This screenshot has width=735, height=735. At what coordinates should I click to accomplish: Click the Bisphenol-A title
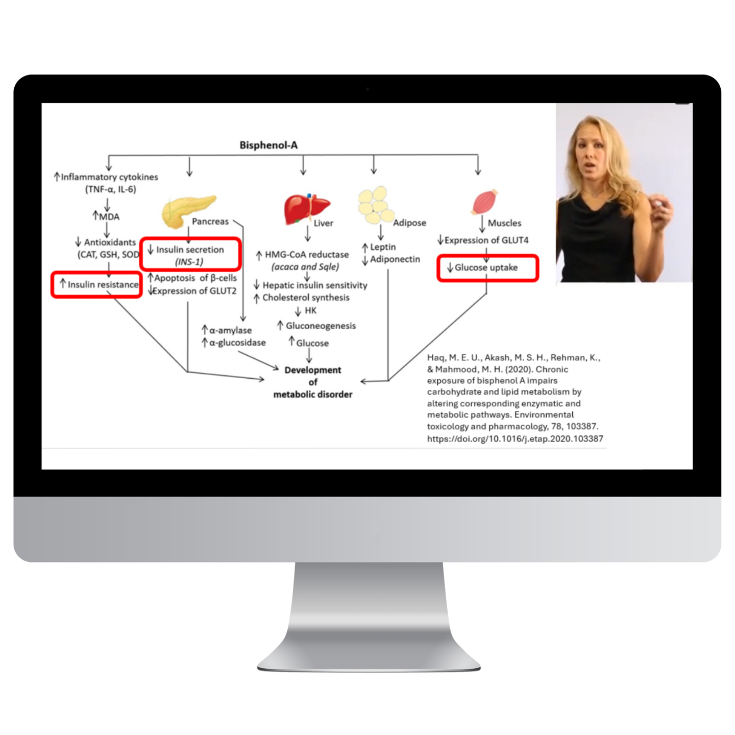click(268, 145)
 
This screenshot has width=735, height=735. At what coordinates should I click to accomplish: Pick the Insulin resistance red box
click(96, 285)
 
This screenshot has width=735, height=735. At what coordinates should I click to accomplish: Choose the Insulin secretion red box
click(190, 254)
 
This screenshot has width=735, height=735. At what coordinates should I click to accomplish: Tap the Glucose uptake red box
click(487, 268)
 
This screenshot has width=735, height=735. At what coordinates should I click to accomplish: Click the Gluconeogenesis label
click(321, 326)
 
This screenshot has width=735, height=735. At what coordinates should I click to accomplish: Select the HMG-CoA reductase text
click(306, 254)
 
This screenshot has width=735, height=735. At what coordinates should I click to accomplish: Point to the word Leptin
click(383, 247)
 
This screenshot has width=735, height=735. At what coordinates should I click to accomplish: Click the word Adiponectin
click(395, 259)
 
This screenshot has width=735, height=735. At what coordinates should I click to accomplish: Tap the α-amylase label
click(230, 330)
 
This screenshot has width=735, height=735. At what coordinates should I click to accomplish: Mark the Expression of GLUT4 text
click(486, 240)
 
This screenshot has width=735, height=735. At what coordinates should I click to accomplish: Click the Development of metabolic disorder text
click(313, 382)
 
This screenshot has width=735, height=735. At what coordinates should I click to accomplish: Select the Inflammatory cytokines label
click(109, 177)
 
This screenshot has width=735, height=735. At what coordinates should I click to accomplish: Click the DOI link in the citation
click(515, 438)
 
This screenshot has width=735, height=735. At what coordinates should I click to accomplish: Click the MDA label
click(109, 216)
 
